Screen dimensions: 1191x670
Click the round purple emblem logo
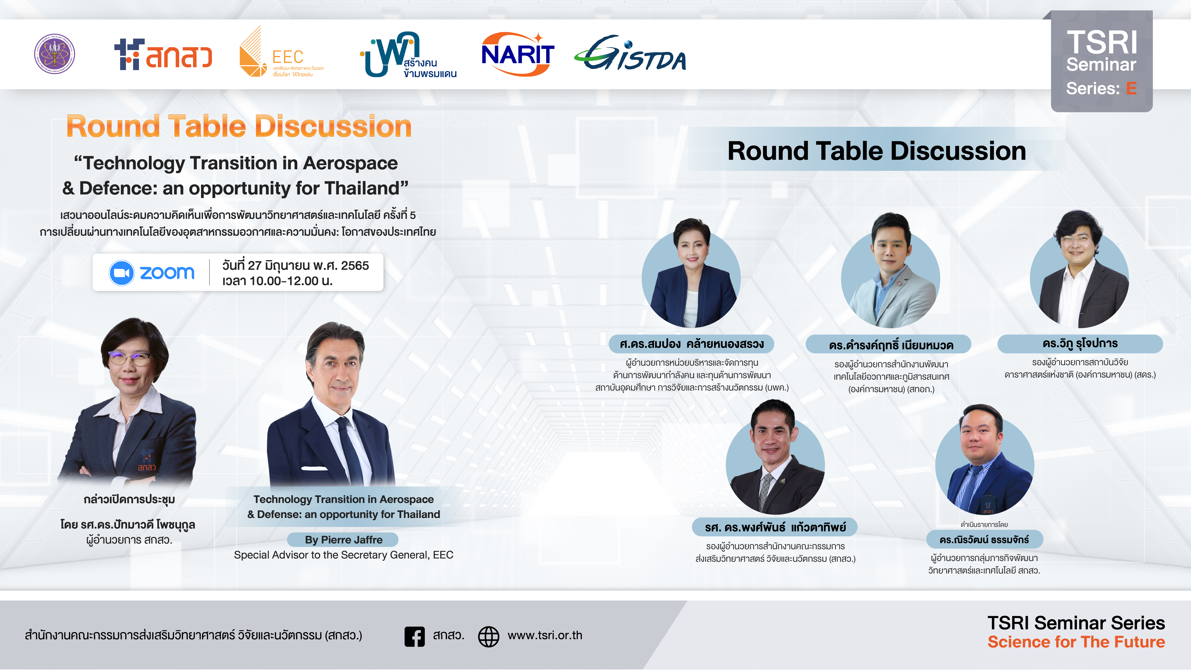55,54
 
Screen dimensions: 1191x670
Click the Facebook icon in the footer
414,636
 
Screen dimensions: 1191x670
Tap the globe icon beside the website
488,636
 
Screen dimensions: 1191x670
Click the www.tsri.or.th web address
545,635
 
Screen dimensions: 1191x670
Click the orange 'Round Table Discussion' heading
239,126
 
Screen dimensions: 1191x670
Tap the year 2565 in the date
355,265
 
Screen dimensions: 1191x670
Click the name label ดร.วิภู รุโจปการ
1080,343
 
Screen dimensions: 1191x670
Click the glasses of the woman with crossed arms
130,358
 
